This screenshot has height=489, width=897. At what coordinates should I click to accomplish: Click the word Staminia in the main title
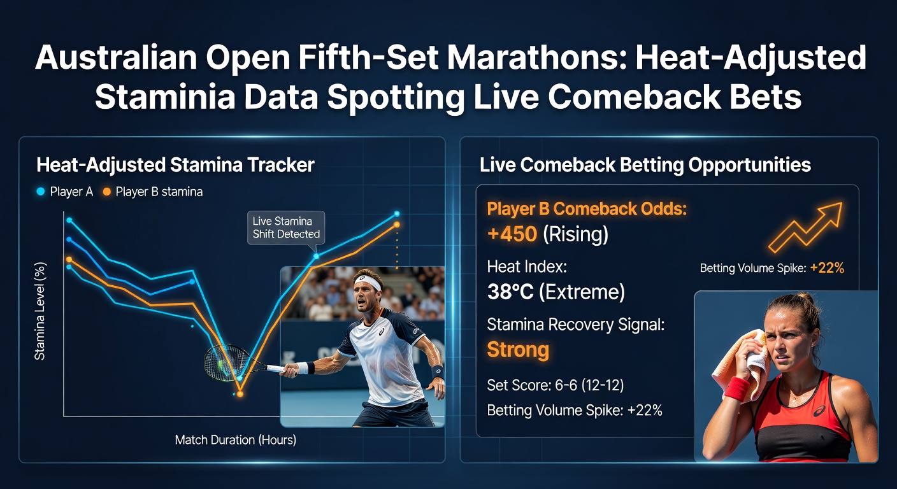[x=164, y=97]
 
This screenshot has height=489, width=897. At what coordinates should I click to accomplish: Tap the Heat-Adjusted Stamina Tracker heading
[x=175, y=165]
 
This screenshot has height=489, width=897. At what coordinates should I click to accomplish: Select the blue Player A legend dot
[x=40, y=192]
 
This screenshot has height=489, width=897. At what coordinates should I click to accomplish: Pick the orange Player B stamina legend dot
[x=107, y=192]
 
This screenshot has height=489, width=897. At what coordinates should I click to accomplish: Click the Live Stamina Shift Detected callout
[x=286, y=227]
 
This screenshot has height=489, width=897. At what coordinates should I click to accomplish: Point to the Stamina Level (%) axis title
[x=40, y=311]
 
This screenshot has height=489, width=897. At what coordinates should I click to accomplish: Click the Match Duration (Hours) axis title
[x=236, y=440]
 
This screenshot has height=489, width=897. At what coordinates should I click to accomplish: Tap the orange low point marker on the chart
[x=240, y=394]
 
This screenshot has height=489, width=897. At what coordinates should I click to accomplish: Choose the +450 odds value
[x=512, y=234]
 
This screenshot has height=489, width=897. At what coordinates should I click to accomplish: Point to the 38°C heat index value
[x=510, y=292]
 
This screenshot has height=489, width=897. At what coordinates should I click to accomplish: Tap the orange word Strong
[x=518, y=350]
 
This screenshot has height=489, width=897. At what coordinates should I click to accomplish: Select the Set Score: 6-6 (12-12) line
[x=556, y=385]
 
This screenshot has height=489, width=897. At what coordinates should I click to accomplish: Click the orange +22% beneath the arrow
[x=827, y=267]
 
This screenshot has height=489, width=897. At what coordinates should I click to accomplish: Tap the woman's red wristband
[x=737, y=387]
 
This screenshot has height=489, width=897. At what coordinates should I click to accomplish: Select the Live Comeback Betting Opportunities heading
[x=645, y=165]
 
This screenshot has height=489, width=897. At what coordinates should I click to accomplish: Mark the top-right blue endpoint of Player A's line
[x=397, y=213]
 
